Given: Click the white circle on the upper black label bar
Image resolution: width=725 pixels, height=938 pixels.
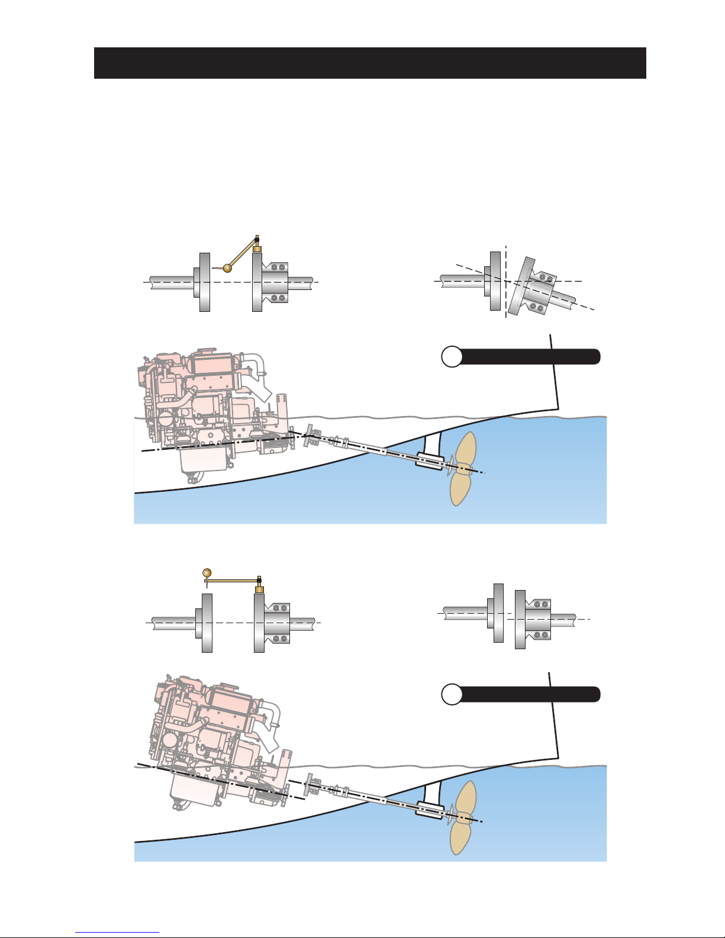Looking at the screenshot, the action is point(452,357).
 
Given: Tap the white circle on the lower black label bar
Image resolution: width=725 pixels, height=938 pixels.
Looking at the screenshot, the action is point(452,694).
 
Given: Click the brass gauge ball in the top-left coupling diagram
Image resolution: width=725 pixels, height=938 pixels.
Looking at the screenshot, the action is point(227,268).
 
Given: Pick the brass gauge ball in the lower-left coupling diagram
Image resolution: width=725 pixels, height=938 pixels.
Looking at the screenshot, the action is point(207,572).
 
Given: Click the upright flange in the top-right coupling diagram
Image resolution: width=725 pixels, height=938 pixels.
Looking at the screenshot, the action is point(495,281).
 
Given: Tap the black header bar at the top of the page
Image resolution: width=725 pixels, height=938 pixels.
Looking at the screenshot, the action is point(369,63).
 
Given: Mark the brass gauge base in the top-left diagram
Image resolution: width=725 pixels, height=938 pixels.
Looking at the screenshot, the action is point(257,249).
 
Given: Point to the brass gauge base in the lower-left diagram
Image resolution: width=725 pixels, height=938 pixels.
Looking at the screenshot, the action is point(259,589).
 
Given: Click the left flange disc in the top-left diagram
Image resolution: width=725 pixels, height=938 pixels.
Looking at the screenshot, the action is point(205,282).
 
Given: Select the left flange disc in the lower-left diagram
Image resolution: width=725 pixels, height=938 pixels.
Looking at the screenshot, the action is point(207,623).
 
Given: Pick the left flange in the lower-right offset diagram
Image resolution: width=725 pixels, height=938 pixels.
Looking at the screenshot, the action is point(498,613).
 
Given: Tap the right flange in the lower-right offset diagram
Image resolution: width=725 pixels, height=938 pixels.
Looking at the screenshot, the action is point(520,619).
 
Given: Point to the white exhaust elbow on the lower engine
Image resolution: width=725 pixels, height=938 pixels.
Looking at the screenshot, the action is point(269,719).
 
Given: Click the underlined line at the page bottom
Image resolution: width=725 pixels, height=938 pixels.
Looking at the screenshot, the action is point(117,932).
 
